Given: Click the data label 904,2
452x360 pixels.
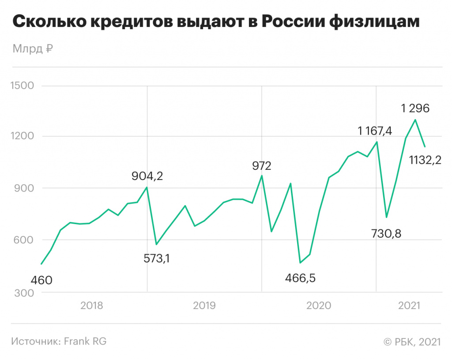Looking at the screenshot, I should coord(147,176).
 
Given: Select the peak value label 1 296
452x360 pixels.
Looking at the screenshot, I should coord(415,108).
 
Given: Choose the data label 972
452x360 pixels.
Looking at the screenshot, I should coord(262,166).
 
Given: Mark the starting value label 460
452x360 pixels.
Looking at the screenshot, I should coord(41,280).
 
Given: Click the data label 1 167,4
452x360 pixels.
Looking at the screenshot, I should coord(375,131).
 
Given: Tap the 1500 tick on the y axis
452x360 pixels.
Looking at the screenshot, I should coord(22,85).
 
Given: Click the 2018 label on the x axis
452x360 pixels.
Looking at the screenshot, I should coord(92,305).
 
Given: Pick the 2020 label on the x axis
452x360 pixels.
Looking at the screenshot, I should coord(319,305).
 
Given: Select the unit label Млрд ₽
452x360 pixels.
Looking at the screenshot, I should coord(33,49).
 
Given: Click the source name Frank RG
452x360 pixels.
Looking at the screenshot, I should coord(86,341).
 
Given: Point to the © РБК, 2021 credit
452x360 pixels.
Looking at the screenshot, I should coord(412,341).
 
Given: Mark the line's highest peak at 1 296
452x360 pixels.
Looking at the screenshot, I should coord(415,120).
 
